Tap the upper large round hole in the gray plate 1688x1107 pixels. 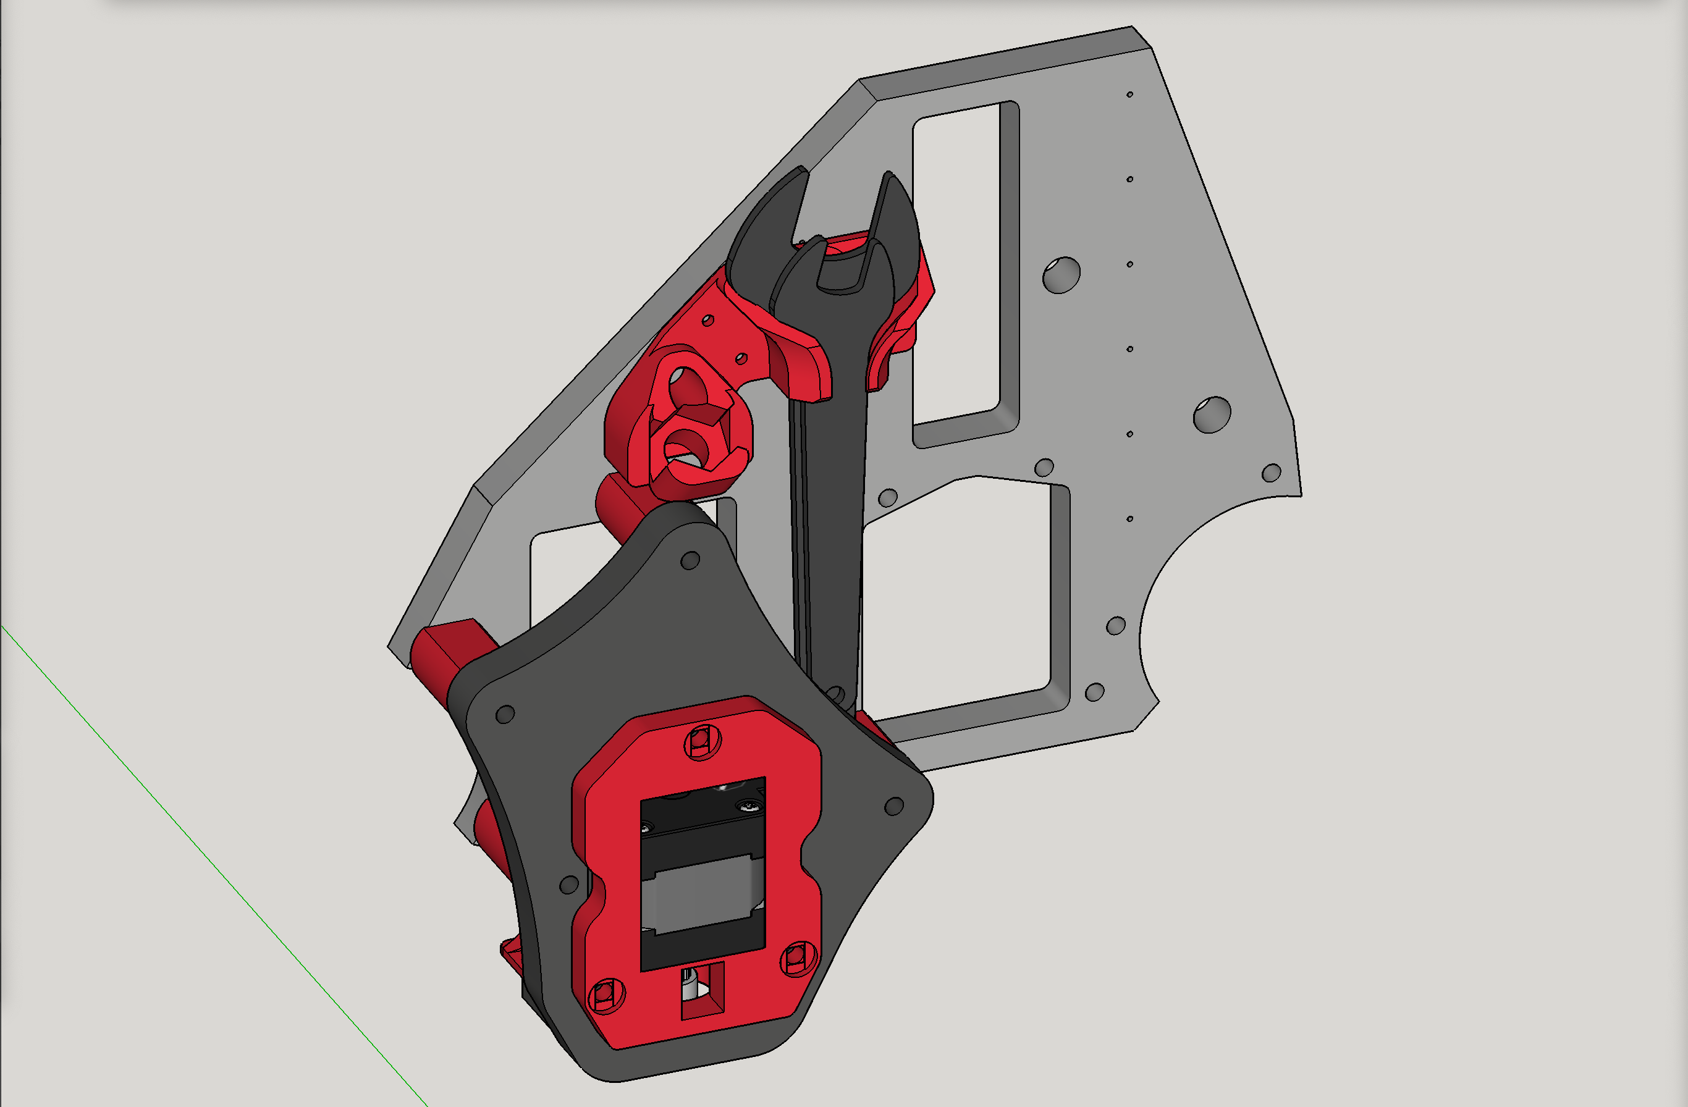1061,275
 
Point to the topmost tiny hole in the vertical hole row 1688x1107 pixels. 1130,95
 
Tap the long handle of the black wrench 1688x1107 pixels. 830,532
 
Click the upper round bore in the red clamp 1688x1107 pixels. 686,385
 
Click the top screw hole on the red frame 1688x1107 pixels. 702,742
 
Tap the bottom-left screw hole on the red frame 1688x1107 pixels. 606,995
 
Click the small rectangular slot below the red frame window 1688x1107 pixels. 702,989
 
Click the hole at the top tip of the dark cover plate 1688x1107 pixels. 690,561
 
